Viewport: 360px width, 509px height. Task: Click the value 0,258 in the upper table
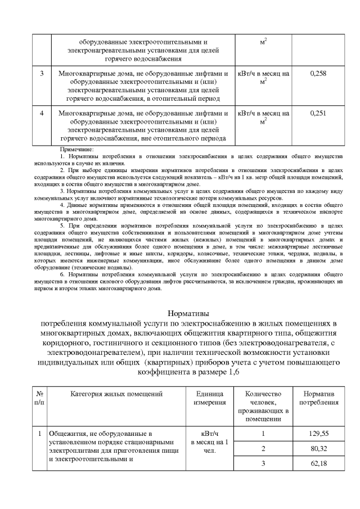point(318,74)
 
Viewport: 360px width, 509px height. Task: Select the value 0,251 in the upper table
point(318,113)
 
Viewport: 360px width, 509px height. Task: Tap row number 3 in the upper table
point(42,74)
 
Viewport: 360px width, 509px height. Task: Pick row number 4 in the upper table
point(42,113)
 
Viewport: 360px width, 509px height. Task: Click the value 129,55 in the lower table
point(318,434)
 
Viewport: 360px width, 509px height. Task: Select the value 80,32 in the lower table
point(318,448)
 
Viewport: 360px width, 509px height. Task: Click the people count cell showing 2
point(263,448)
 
